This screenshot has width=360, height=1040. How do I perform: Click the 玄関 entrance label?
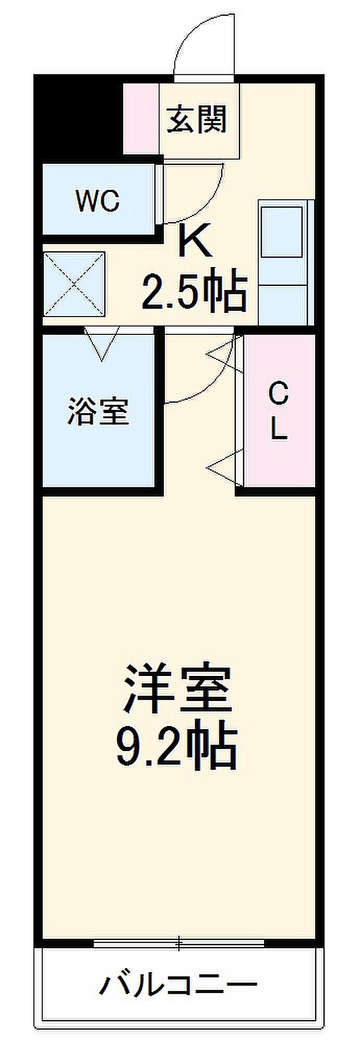(x=197, y=119)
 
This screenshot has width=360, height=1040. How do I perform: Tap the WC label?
(x=98, y=200)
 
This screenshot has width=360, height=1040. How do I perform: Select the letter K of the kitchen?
(x=196, y=240)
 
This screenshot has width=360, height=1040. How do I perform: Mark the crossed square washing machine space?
(x=74, y=284)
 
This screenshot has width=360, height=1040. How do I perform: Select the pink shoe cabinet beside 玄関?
(x=141, y=118)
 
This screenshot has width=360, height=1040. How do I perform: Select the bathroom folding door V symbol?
(x=102, y=343)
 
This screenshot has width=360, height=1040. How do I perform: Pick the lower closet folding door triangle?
(x=225, y=466)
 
